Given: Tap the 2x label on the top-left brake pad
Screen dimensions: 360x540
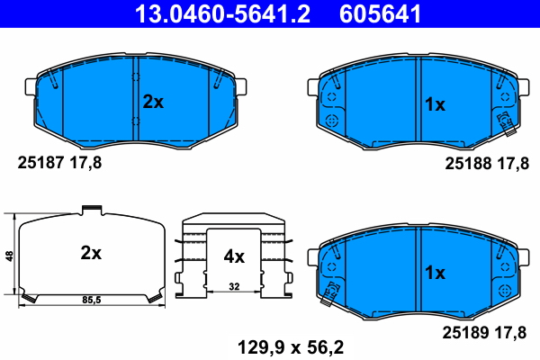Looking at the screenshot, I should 153,103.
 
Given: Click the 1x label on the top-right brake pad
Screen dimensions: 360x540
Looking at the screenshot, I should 435,104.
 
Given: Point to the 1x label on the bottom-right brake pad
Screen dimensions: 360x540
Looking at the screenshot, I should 435,272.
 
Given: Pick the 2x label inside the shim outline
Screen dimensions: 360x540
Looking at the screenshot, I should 90,253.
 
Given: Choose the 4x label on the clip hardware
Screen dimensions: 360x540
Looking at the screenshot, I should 233,256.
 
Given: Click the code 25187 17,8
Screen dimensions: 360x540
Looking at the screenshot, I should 60,163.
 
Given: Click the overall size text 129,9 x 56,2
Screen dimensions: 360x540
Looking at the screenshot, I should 290,345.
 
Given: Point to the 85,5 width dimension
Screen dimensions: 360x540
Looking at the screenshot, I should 90,298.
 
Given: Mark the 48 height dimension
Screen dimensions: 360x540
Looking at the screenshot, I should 9,256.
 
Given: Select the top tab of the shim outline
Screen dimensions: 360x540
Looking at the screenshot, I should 91,211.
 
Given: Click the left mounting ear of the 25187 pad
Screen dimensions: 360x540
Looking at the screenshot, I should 28,86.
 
